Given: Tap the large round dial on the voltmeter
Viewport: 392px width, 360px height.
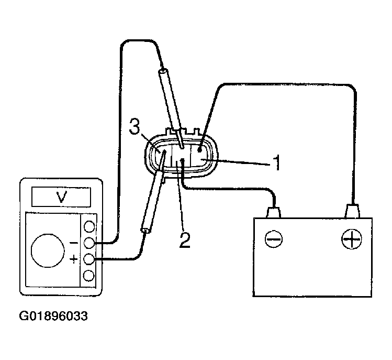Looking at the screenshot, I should [x=48, y=250].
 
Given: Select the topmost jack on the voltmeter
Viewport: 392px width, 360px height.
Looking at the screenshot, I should [x=89, y=226].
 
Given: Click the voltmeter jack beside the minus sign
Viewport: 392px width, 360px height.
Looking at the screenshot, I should [x=89, y=243].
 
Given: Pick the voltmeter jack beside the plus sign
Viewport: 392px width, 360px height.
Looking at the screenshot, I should [x=89, y=258].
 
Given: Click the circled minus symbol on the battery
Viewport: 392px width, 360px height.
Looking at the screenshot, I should [x=274, y=239].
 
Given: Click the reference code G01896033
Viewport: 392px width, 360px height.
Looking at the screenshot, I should [x=53, y=317].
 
